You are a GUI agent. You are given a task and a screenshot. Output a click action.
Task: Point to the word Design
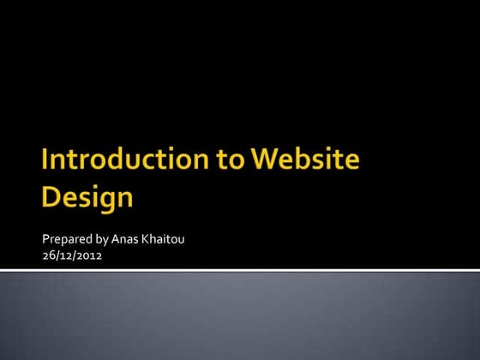tap(87, 197)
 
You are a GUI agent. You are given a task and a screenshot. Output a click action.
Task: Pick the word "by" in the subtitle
tap(103, 238)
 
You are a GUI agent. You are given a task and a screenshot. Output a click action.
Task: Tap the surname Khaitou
tap(165, 237)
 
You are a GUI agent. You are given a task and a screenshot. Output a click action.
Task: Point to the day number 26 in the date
tap(48, 254)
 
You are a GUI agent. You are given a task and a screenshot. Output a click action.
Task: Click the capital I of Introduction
tap(45, 161)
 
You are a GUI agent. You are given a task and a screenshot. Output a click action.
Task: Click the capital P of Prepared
tap(45, 237)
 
